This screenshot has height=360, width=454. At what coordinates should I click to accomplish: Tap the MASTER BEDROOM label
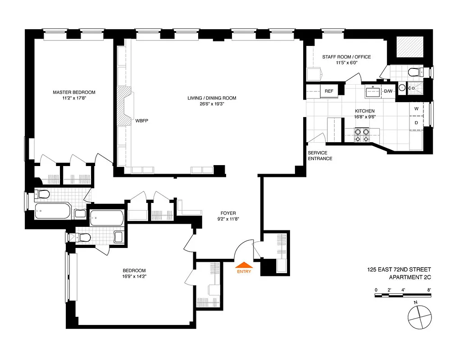point(74,92)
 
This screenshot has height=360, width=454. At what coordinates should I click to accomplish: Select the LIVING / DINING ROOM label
point(212,98)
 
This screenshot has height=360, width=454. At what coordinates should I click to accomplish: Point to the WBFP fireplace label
point(141,121)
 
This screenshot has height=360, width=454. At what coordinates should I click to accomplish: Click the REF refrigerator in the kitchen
point(329,91)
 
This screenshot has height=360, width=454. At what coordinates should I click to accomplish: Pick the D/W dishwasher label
point(388,91)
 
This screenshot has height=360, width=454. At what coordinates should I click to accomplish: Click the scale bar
point(403,296)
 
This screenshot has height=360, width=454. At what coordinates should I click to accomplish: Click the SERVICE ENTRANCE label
point(320,156)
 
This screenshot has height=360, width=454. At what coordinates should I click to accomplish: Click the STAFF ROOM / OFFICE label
point(346,57)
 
